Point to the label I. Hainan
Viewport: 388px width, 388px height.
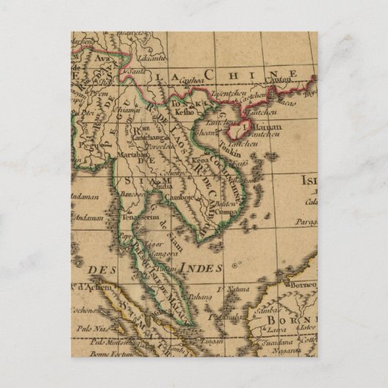point(249,124)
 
